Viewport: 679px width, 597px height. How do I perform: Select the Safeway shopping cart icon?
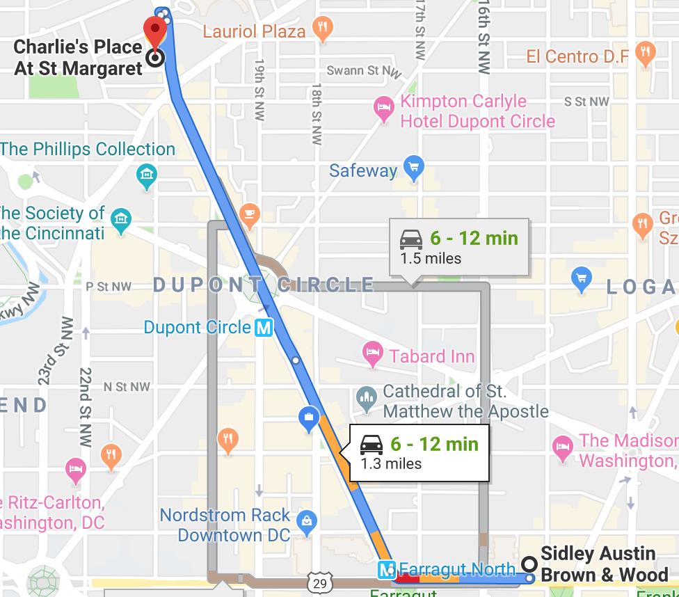414,169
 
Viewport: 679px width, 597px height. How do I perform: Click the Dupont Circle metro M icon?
264,327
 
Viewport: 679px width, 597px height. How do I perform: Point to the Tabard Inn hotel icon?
374,356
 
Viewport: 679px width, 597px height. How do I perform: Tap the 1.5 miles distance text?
431,258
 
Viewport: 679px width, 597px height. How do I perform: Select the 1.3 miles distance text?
391,463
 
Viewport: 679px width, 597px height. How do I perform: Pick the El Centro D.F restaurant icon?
646,54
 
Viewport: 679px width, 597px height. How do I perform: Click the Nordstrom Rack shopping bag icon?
306,520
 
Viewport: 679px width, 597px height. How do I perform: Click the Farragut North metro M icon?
387,570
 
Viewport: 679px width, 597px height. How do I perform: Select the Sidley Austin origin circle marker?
529,564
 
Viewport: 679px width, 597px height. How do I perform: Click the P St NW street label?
108,286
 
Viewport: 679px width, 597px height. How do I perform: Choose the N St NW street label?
126,386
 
